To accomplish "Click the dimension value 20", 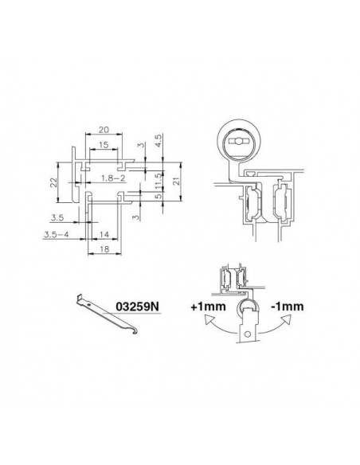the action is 104,130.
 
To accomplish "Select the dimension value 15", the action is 104,145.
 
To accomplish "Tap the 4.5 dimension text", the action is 158,141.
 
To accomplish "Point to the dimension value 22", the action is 53,182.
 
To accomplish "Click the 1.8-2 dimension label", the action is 113,178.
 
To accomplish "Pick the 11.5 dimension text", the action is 158,181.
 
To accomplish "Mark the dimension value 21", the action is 176,182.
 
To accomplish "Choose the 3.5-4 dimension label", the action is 57,235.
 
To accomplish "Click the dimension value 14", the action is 104,235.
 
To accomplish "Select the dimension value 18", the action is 104,249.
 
